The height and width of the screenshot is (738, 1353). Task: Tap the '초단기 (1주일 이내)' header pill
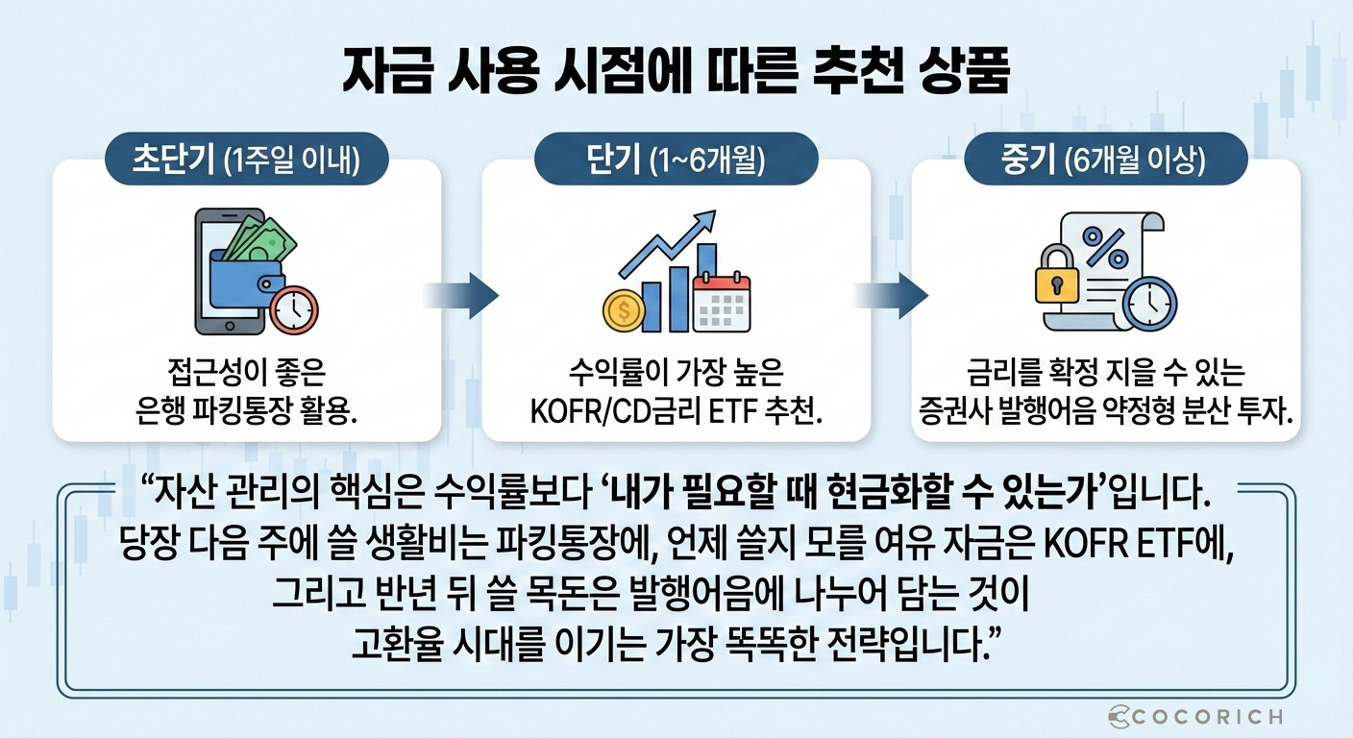246,161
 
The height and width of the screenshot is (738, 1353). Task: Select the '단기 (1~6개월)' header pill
676,161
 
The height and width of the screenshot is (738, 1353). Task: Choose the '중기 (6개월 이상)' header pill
1105,161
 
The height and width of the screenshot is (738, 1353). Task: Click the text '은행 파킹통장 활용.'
246,412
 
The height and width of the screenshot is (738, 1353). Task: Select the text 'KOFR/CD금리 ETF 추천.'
676,412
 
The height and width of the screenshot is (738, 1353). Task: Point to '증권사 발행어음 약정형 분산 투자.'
1105,412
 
